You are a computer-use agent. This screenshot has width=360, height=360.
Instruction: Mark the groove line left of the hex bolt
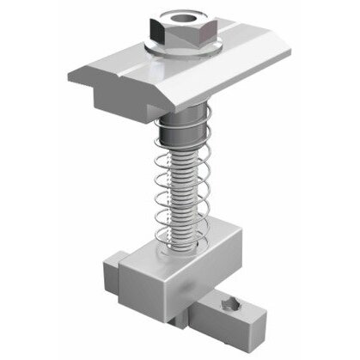click(120, 62)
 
